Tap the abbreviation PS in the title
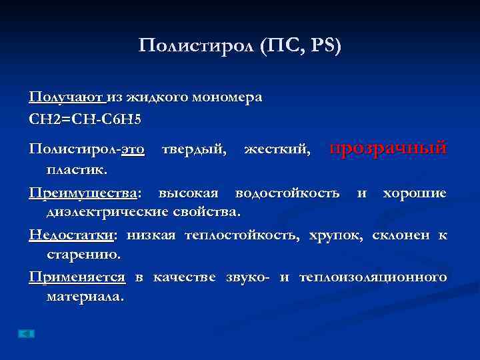(x=325, y=46)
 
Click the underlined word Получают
(x=66, y=97)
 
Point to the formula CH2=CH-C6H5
(x=85, y=120)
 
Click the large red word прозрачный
(x=389, y=148)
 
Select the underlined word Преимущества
(x=83, y=193)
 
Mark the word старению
(x=83, y=254)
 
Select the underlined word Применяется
(x=77, y=277)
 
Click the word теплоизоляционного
(x=373, y=277)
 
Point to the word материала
(x=85, y=296)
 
